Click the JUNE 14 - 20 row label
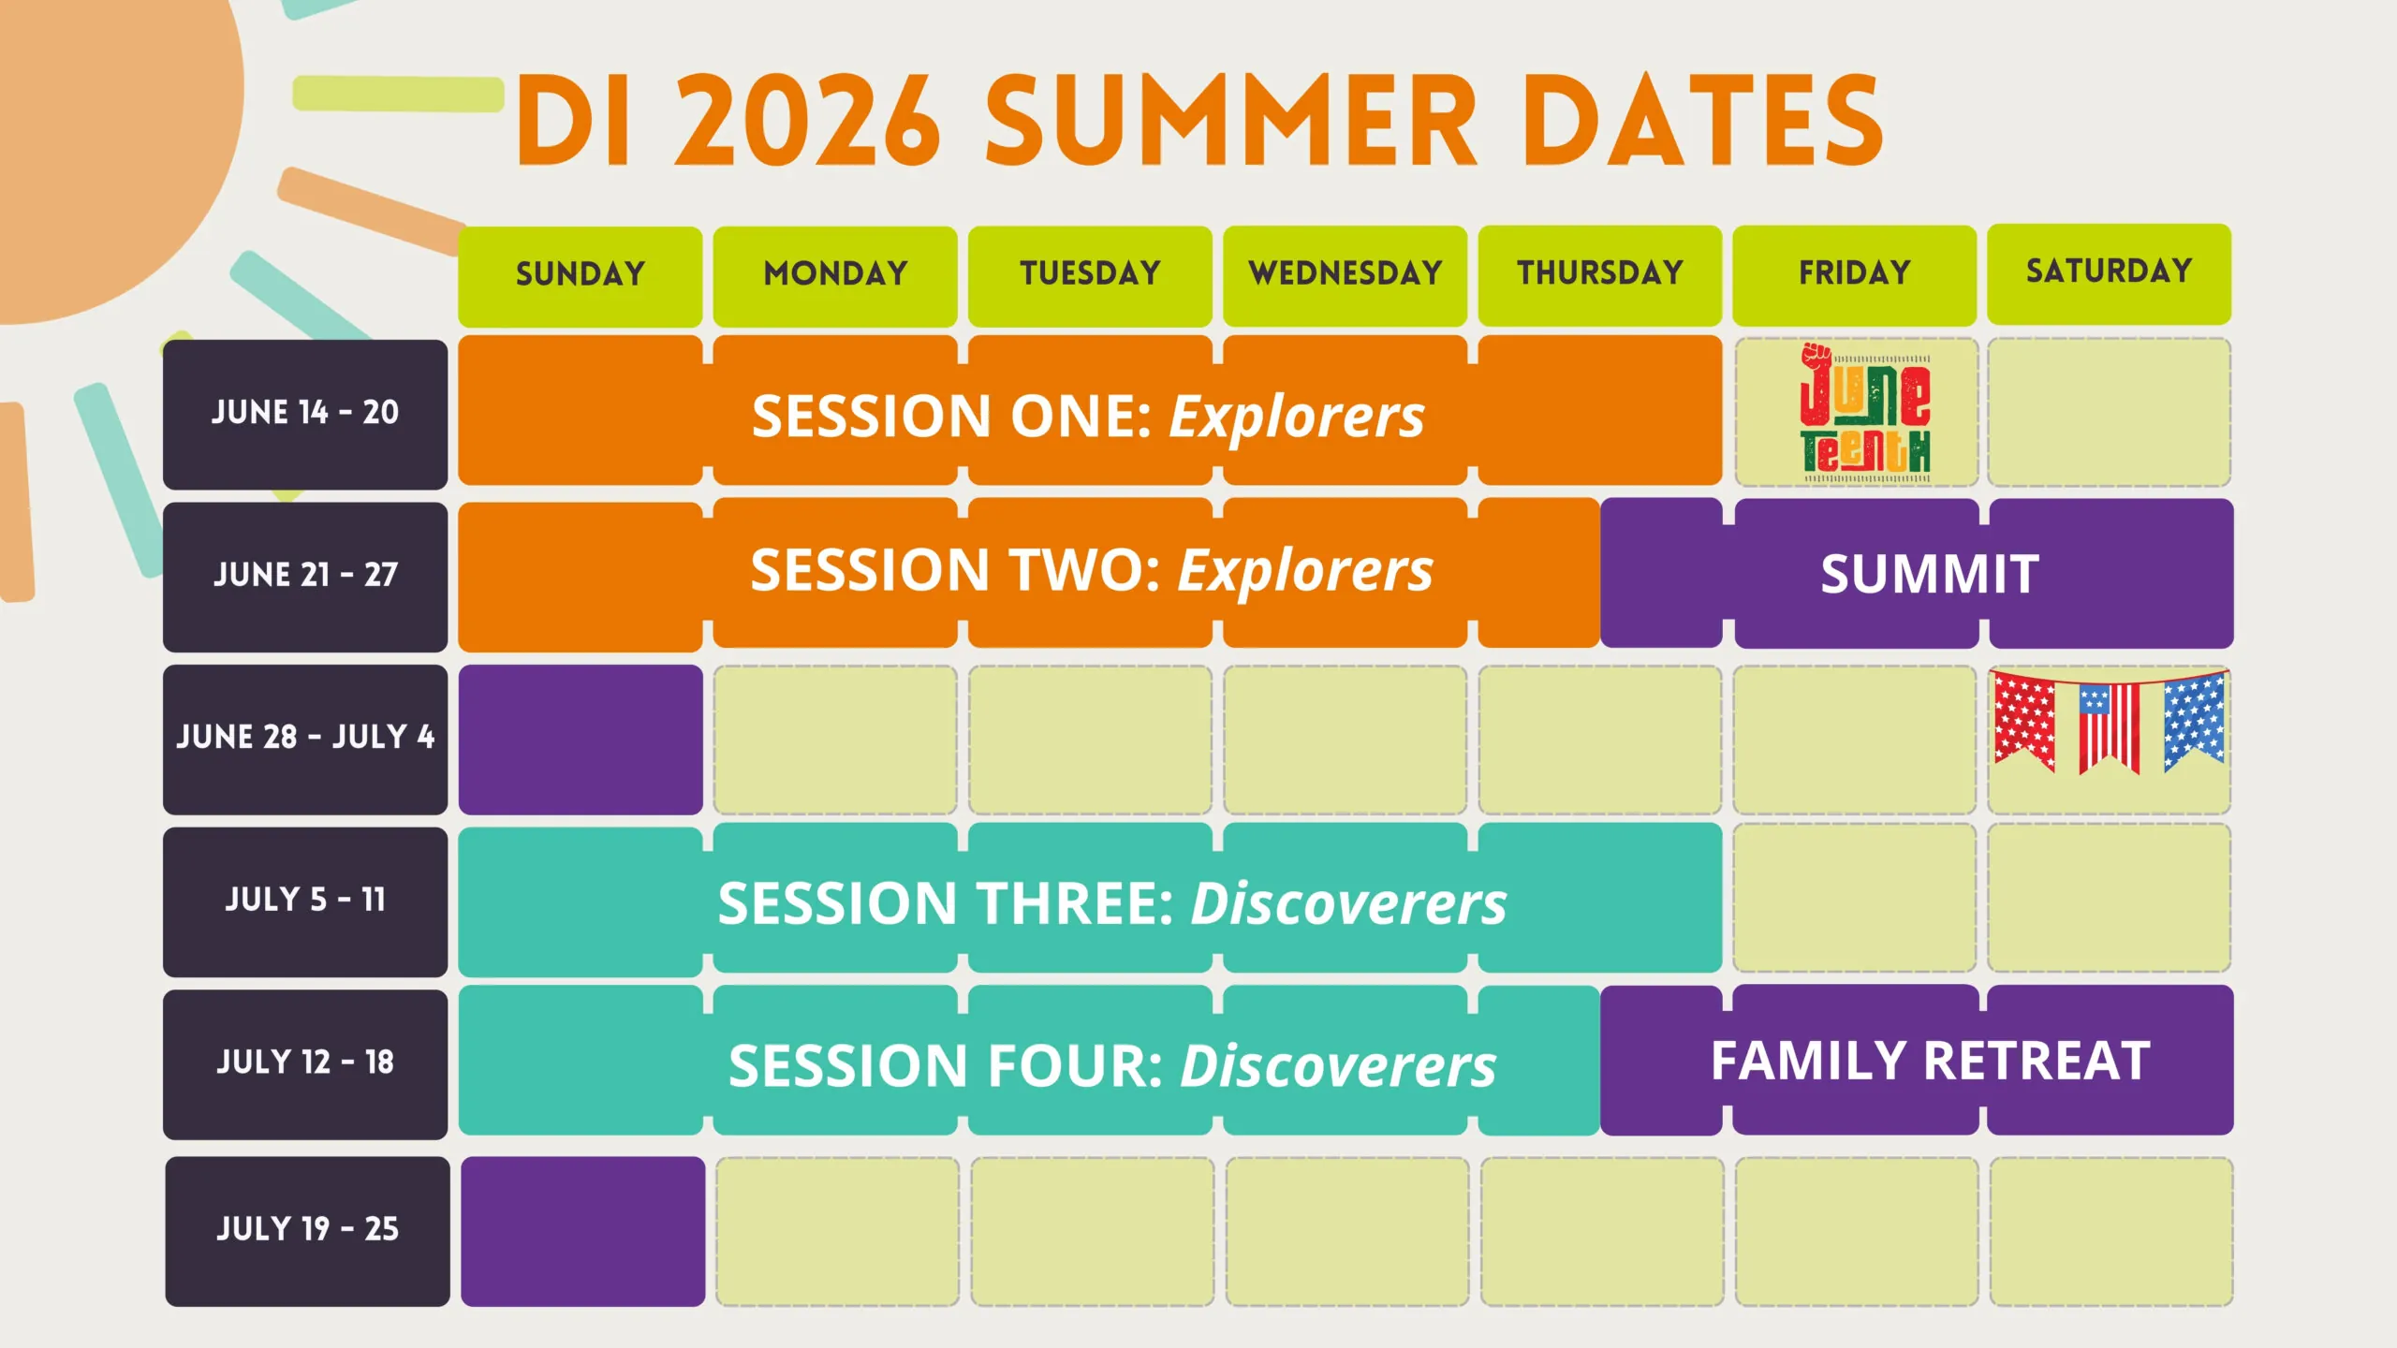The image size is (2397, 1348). point(305,414)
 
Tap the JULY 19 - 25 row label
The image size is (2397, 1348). point(307,1231)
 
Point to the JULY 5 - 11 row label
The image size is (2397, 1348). point(305,901)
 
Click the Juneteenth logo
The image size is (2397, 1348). point(1864,413)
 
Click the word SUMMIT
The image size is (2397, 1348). point(1930,574)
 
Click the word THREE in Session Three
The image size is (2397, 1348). point(1075,903)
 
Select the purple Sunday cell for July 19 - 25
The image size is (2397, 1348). point(582,1231)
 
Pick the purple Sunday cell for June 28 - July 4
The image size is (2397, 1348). point(581,740)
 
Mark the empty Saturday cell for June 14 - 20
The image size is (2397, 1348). point(2109,413)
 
